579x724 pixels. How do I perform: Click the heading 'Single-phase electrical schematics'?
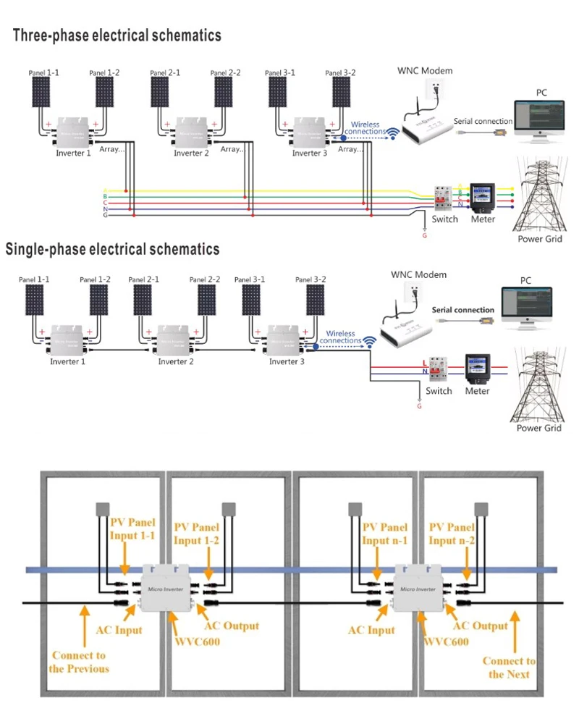tap(112, 250)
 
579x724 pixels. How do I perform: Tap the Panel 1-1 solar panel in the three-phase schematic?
tap(41, 93)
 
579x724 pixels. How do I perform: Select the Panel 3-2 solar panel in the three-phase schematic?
tap(342, 93)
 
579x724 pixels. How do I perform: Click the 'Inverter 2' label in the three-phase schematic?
tap(191, 153)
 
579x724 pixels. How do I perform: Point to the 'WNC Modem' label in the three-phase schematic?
tap(425, 71)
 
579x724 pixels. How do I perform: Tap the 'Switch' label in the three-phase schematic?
tap(444, 219)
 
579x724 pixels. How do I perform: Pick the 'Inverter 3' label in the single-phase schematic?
tap(287, 361)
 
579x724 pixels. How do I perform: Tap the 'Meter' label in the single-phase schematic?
tap(477, 391)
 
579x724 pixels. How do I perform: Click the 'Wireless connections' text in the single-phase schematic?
tap(337, 337)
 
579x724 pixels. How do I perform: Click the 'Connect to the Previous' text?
tap(79, 662)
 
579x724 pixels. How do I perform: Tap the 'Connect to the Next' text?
tap(509, 668)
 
